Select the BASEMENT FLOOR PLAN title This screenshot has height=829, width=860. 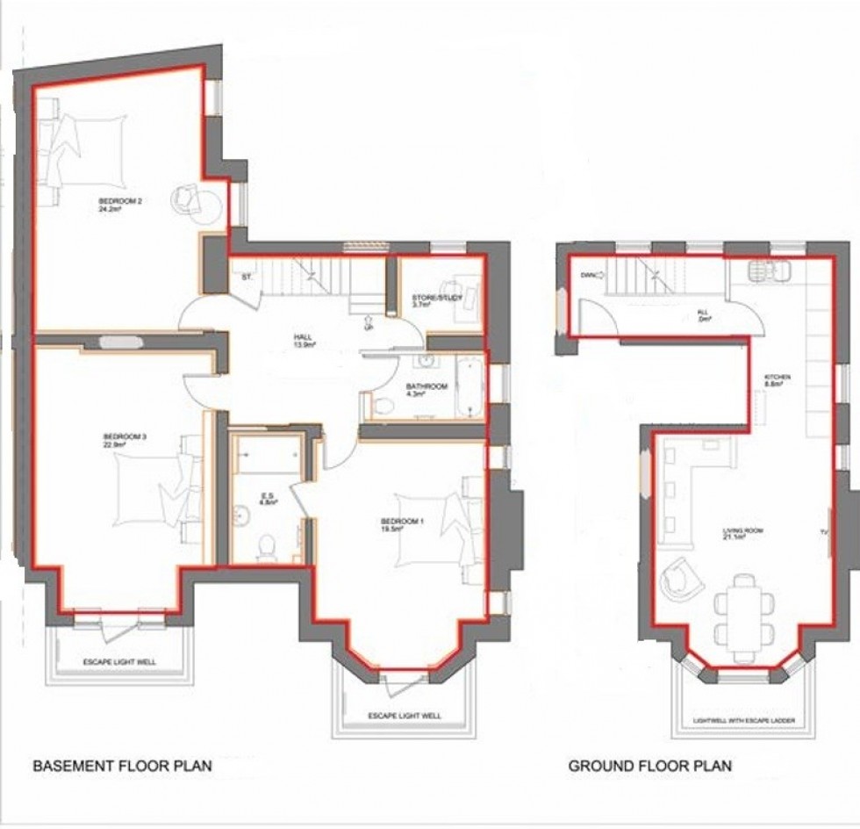pos(122,767)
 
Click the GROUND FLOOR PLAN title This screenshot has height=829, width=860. pos(649,767)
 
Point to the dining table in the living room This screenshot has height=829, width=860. pos(744,609)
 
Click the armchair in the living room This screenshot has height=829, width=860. pos(682,580)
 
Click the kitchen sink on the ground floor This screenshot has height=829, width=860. pos(769,270)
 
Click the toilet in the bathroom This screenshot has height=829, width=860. pos(383,404)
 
